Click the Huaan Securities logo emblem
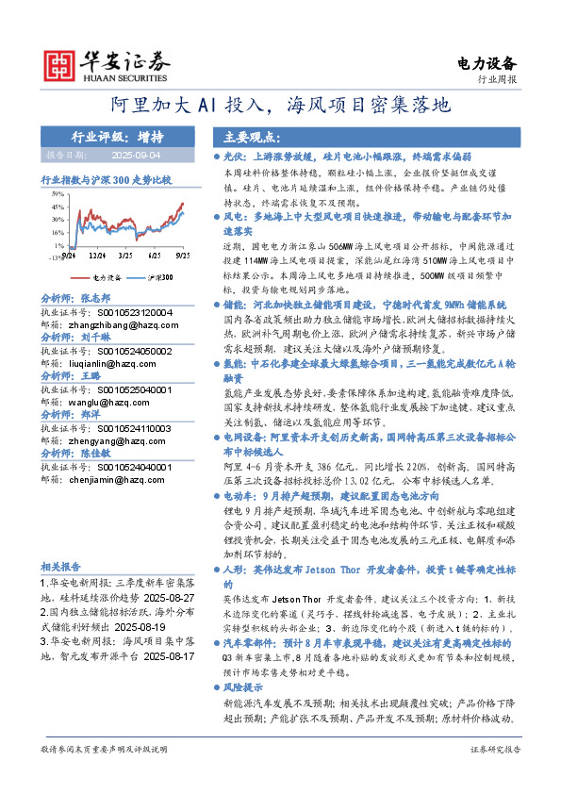pyautogui.click(x=61, y=64)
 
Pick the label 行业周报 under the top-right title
pyautogui.click(x=498, y=81)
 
